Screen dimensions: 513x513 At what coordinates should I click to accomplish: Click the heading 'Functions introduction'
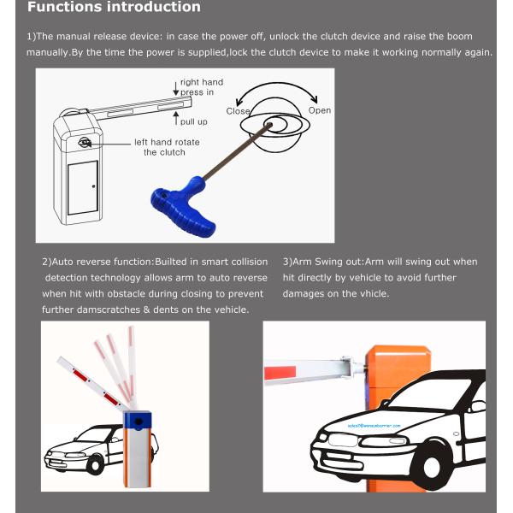point(115,8)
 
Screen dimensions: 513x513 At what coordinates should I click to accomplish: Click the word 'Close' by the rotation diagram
point(238,111)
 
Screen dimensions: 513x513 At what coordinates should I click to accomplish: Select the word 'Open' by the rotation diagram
point(319,110)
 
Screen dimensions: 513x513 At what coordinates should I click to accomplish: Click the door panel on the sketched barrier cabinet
point(83,186)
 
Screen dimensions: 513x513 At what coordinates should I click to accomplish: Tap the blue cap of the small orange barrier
point(137,419)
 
